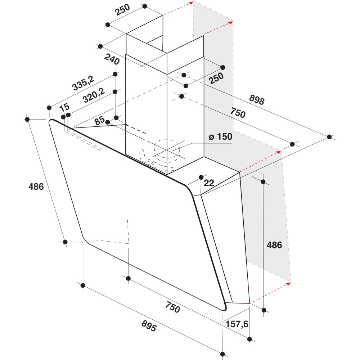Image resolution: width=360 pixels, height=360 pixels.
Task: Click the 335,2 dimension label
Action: (83, 83)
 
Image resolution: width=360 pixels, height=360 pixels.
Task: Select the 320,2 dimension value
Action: (94, 95)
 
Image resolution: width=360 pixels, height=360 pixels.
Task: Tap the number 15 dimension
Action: (64, 107)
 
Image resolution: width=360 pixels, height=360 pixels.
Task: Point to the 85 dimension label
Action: (100, 120)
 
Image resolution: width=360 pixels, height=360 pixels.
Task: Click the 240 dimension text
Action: (112, 59)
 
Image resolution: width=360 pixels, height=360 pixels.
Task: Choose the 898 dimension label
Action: (257, 99)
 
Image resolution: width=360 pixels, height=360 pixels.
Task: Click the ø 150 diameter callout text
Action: (220, 136)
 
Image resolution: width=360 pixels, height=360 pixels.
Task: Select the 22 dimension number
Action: (209, 183)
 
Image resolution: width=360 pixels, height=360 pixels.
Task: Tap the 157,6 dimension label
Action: (237, 324)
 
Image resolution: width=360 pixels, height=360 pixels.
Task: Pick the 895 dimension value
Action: (149, 326)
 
